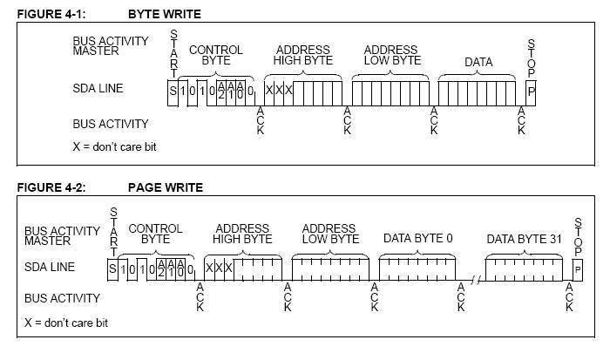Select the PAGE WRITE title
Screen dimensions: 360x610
click(166, 187)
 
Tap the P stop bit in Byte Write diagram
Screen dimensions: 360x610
click(532, 90)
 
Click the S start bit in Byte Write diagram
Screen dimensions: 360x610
click(173, 90)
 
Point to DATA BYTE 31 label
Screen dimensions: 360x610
click(519, 238)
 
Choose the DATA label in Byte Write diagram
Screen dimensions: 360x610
click(478, 63)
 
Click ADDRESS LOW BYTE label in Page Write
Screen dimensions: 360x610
click(330, 234)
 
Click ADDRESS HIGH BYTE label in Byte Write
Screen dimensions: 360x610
click(302, 55)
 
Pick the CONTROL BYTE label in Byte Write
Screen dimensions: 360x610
click(215, 55)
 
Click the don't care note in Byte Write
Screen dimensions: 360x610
click(114, 146)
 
